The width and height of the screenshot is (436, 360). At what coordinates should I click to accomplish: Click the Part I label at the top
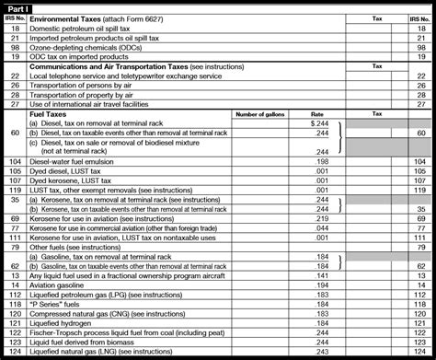tap(16, 7)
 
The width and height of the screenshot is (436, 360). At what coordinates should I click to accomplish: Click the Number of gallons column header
tap(261, 113)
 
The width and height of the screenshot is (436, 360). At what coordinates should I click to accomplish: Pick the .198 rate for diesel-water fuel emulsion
tap(322, 161)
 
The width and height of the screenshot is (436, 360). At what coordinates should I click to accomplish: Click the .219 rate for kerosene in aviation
tap(322, 218)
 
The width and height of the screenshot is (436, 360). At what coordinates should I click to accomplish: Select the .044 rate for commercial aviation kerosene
tap(322, 227)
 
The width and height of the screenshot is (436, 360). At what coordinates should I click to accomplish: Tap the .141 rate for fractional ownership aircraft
tap(322, 275)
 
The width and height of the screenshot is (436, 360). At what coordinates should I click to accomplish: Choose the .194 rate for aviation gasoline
tap(322, 285)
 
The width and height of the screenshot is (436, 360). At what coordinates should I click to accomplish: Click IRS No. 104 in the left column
tap(15, 161)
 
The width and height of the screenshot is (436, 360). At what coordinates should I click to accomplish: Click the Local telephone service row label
tap(125, 75)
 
